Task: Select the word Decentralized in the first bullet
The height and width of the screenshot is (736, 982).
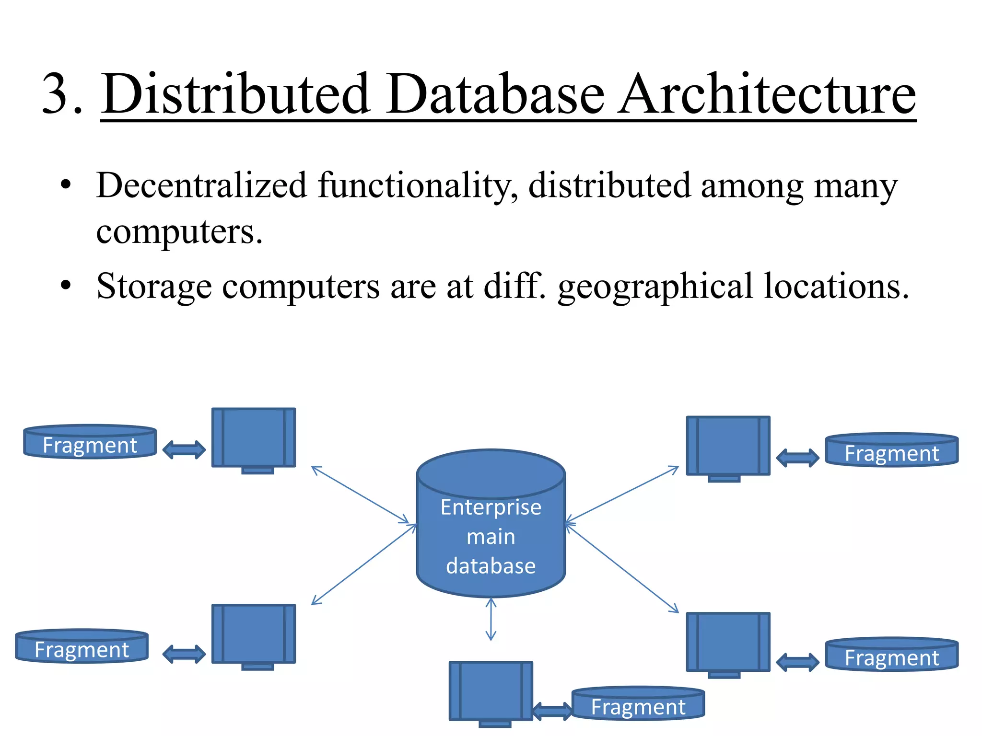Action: click(x=201, y=185)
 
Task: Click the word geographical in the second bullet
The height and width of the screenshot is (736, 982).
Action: click(x=655, y=287)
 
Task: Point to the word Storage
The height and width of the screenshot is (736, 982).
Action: click(x=154, y=287)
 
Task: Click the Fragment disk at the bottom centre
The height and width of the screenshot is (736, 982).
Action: click(x=638, y=704)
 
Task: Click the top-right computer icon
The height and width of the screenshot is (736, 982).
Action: click(x=728, y=447)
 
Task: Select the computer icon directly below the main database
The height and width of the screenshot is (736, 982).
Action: click(x=491, y=691)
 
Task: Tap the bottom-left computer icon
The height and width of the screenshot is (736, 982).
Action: click(x=254, y=634)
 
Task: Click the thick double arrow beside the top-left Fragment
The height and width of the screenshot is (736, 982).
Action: click(x=184, y=450)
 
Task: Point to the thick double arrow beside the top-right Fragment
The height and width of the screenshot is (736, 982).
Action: click(x=797, y=458)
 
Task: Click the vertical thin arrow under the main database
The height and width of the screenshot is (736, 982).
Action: click(x=491, y=619)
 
